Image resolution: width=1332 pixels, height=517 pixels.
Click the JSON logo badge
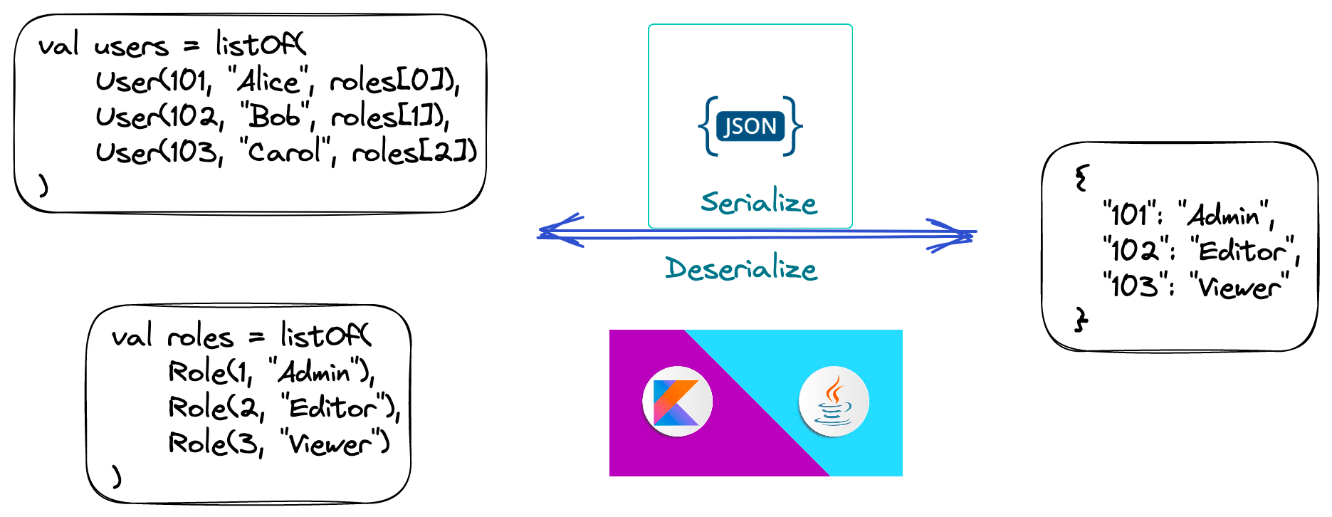point(750,126)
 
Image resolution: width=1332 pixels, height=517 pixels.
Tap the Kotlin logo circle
point(677,402)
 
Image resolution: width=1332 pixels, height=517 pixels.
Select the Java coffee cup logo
point(834,402)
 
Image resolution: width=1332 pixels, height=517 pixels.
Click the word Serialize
point(758,203)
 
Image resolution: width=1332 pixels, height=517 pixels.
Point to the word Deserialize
point(741,269)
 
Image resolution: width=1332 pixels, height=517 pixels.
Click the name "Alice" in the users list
point(270,82)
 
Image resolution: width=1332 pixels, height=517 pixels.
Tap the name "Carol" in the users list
point(285,151)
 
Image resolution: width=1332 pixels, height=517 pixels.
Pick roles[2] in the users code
point(414,152)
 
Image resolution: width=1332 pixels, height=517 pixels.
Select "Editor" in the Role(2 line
point(333,408)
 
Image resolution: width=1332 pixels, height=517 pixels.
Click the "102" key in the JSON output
point(1132,251)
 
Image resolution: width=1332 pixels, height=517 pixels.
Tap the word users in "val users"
point(131,47)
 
